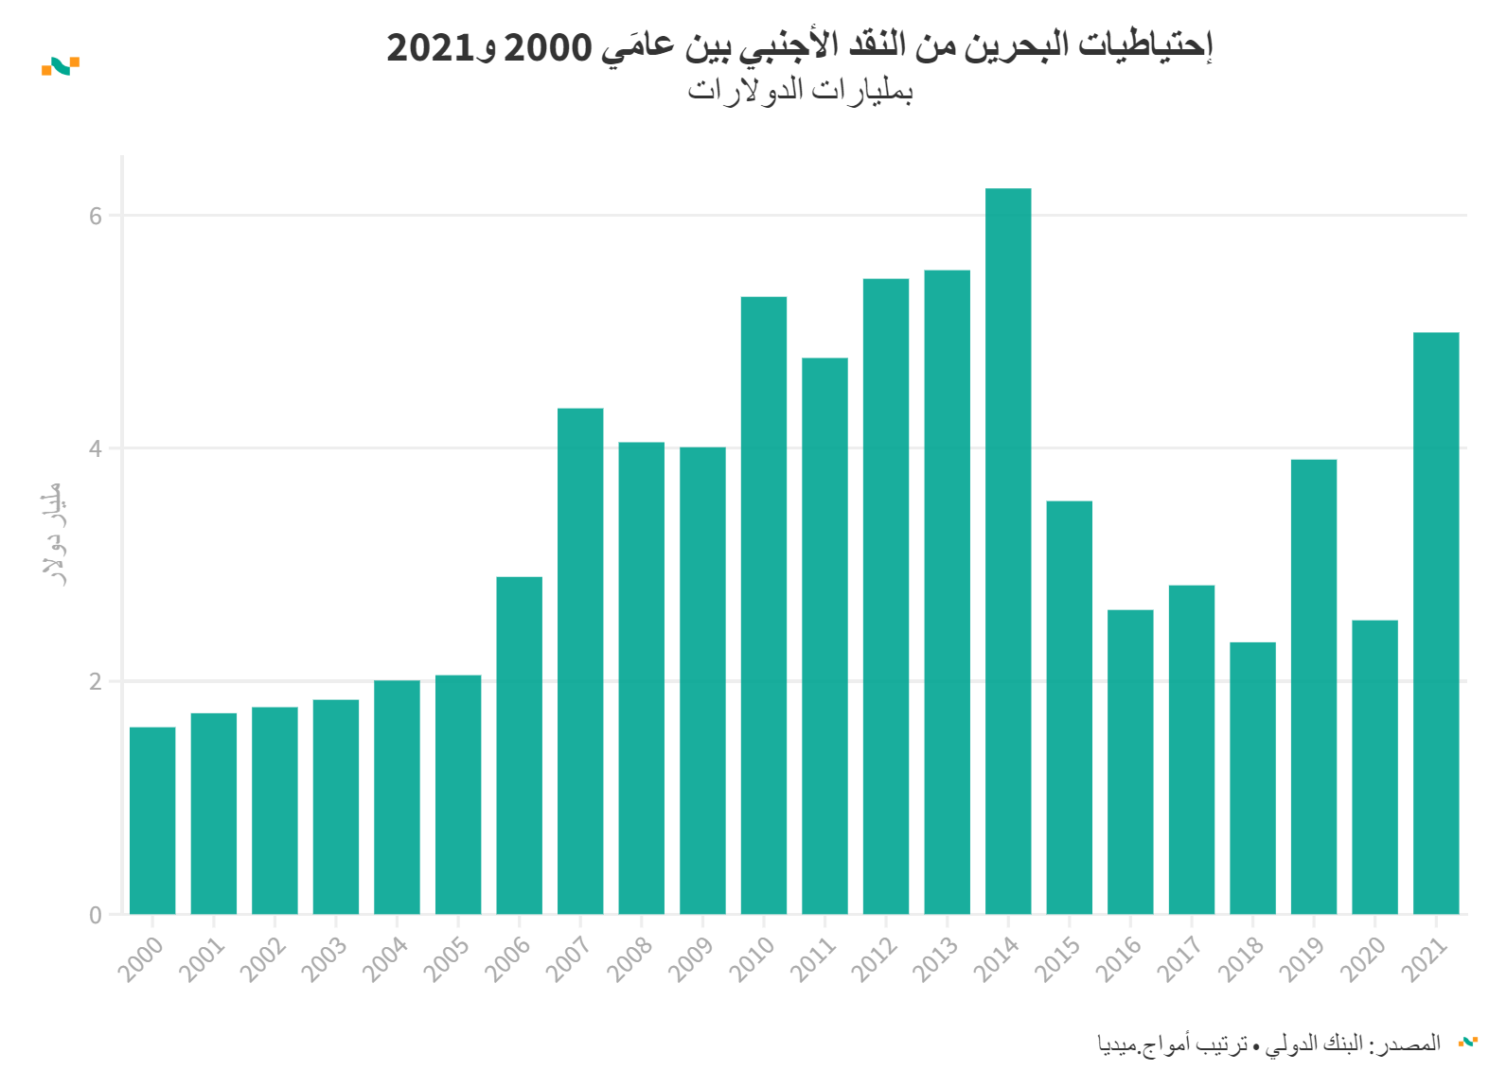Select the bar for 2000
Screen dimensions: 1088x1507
click(152, 820)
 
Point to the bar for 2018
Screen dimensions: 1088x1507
click(1252, 778)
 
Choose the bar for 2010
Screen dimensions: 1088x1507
click(764, 605)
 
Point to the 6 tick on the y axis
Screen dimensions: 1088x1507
click(96, 216)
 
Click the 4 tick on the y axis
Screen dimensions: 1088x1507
click(96, 448)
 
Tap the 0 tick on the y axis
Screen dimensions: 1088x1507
click(96, 915)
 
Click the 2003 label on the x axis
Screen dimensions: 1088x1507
click(323, 958)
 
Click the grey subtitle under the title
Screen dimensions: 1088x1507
click(800, 91)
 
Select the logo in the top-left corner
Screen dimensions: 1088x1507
click(61, 66)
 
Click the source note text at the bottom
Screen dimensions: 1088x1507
click(1268, 1044)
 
